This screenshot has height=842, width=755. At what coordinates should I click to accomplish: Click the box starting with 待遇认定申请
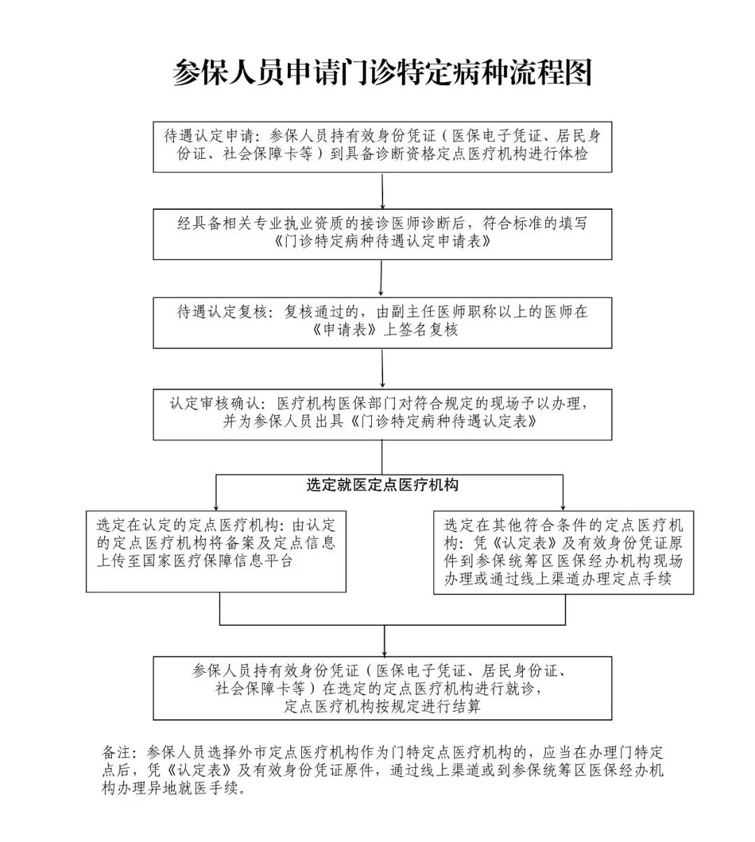382,147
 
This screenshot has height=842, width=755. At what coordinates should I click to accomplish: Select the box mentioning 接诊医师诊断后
382,234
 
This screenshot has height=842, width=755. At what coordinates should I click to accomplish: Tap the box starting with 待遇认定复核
382,322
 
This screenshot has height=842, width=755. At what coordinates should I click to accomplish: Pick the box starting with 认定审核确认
382,414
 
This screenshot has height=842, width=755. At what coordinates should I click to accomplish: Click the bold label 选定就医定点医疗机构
382,485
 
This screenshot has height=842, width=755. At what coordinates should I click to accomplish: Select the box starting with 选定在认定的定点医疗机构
216,551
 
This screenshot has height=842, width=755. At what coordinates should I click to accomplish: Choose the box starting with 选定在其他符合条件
563,552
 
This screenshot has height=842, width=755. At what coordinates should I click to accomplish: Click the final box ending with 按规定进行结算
382,688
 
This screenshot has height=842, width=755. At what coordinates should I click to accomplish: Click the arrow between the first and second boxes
382,190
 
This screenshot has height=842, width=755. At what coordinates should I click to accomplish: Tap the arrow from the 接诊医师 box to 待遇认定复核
381,278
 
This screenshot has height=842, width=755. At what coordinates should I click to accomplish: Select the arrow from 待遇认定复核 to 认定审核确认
382,369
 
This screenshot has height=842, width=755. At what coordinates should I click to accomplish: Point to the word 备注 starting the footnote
116,753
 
